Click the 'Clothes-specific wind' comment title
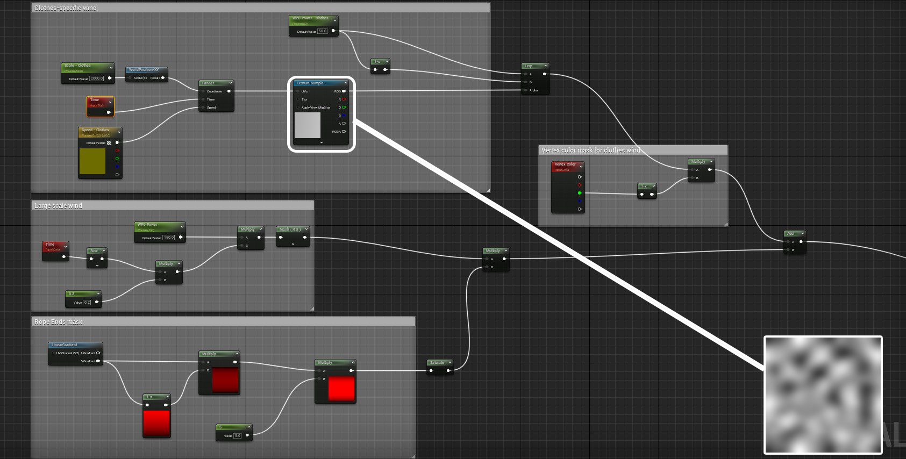point(66,8)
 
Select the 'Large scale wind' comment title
point(58,206)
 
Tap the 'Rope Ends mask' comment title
point(59,322)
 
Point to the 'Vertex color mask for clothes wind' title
point(590,150)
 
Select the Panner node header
point(216,83)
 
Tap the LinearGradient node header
point(75,345)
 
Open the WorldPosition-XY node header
point(146,70)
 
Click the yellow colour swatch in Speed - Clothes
point(92,161)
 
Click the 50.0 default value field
point(323,31)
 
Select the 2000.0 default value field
point(97,78)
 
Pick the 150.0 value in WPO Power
point(169,238)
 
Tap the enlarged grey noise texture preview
point(823,395)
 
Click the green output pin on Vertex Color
point(580,193)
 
